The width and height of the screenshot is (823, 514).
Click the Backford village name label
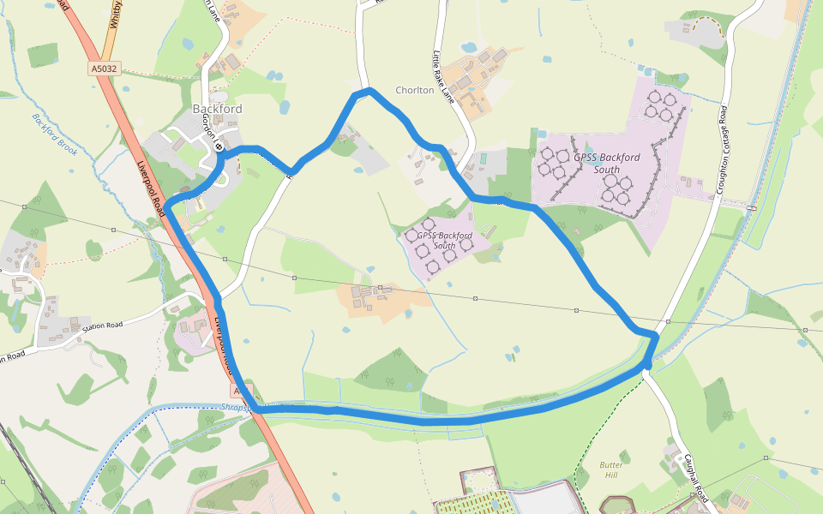[217, 109]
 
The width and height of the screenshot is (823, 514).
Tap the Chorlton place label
[414, 90]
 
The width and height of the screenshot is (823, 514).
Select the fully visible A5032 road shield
[102, 69]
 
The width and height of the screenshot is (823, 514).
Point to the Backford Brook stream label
[55, 134]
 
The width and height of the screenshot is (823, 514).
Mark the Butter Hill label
[610, 469]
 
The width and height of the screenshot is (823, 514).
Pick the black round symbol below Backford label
[219, 146]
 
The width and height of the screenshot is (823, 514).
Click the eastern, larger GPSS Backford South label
[606, 163]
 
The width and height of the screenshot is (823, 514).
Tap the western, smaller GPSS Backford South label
[444, 240]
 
